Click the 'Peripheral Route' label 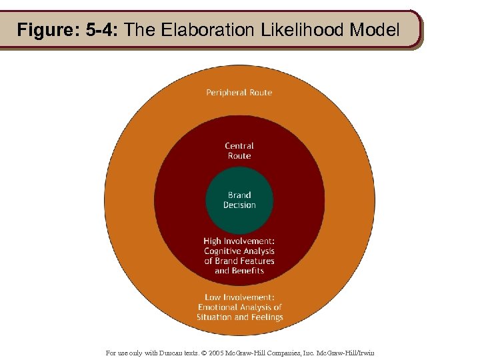239,93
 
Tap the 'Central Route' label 239,151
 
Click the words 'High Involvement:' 239,241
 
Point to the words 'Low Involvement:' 239,297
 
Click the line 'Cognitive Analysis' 239,251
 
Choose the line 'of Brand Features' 239,261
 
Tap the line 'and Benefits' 239,271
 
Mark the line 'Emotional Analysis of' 239,307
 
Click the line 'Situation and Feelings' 239,317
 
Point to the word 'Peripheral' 225,93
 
